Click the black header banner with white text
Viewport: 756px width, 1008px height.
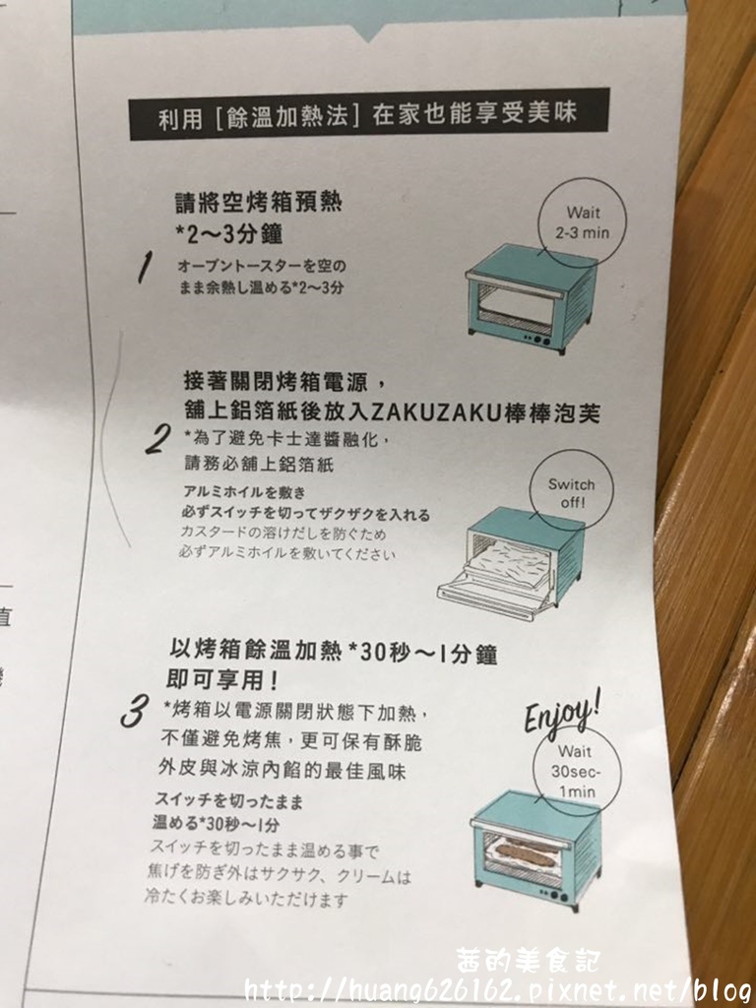(369, 114)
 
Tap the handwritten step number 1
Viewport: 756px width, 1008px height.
(146, 267)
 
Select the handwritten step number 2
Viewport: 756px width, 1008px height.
(158, 440)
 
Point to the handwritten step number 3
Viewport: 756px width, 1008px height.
(135, 711)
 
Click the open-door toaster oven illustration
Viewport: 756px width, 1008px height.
(510, 562)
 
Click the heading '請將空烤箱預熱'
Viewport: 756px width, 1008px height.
(259, 203)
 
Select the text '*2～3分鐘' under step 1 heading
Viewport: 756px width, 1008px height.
(228, 233)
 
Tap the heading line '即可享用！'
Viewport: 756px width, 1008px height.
(222, 679)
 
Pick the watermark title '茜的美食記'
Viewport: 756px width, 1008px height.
(528, 961)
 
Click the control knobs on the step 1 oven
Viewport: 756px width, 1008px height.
(538, 340)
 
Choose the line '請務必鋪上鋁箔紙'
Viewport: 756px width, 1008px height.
(259, 464)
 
